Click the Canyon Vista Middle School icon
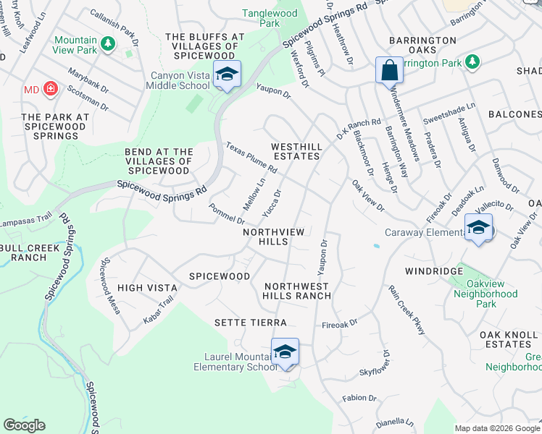click(x=227, y=74)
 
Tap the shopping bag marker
click(x=389, y=70)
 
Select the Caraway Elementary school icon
click(x=478, y=227)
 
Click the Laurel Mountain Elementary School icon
click(x=285, y=352)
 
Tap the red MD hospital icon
click(x=50, y=89)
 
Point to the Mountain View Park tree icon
click(x=109, y=44)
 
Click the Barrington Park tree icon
click(x=472, y=61)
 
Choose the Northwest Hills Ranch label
click(x=297, y=292)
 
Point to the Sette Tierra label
click(x=250, y=322)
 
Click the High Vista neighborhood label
click(x=147, y=287)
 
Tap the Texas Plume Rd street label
click(x=251, y=157)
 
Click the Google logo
click(x=25, y=425)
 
